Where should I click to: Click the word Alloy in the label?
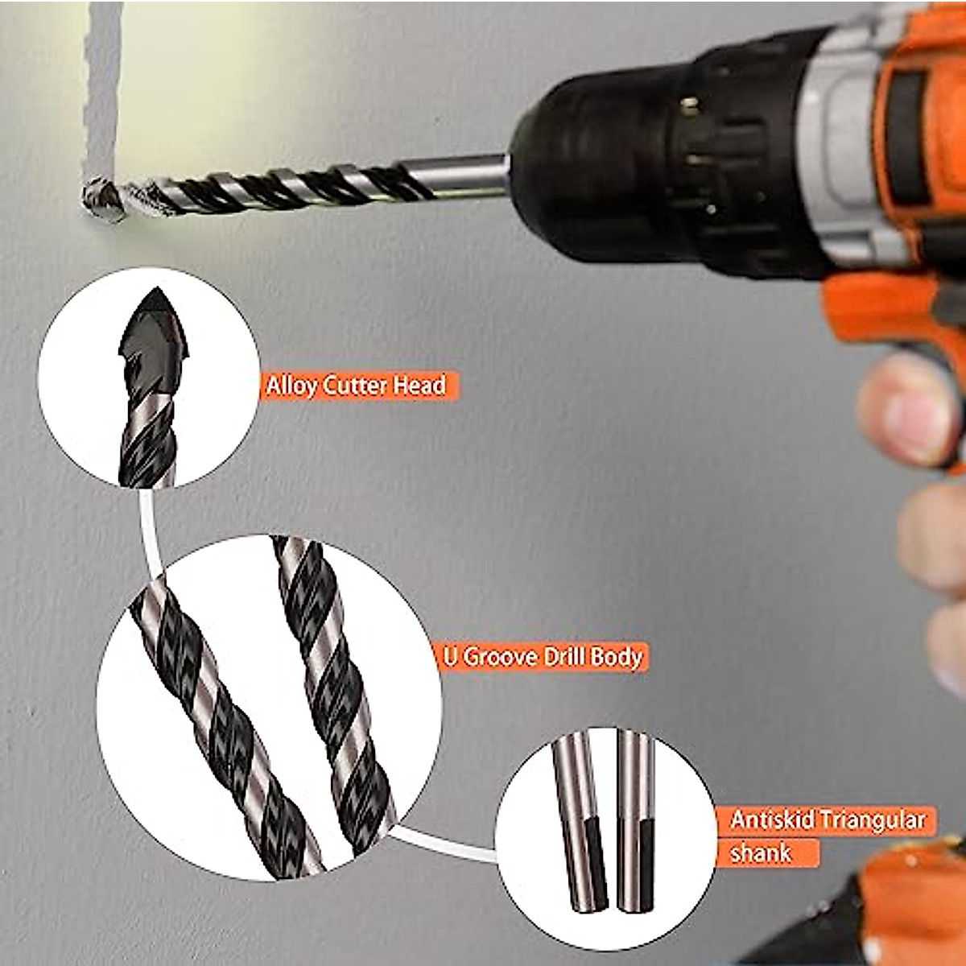[292, 386]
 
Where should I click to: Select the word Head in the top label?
[419, 386]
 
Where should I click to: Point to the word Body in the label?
[616, 657]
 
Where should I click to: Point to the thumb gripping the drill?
[906, 407]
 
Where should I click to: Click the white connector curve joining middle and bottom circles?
[443, 845]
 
